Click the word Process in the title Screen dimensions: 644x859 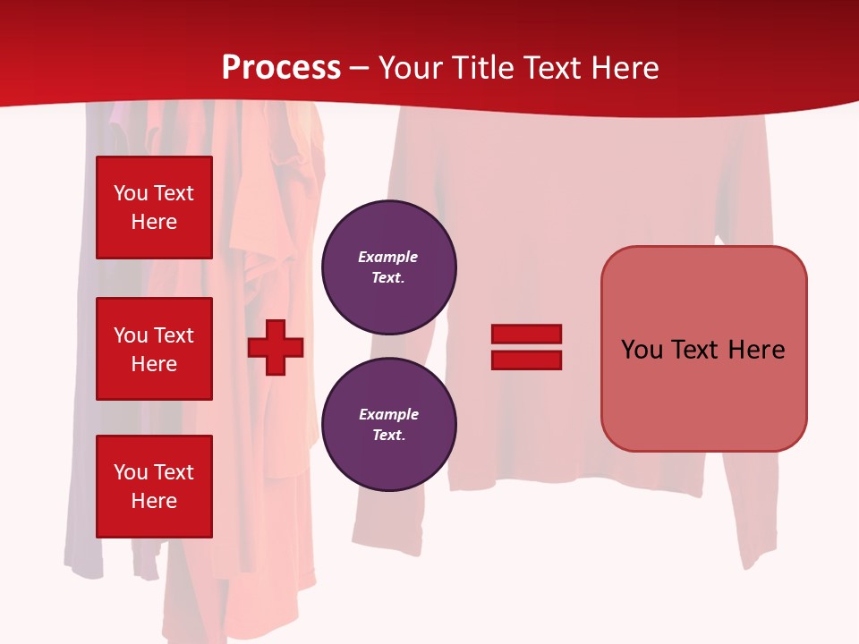pos(281,67)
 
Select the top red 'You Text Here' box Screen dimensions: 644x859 pos(154,208)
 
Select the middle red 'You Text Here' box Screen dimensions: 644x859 pos(154,349)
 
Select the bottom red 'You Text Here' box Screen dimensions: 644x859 pos(154,487)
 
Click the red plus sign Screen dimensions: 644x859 pos(276,347)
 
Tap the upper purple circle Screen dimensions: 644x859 pos(388,267)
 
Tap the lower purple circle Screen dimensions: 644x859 pos(388,425)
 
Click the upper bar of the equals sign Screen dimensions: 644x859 pos(526,334)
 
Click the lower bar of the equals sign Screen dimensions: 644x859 pos(526,360)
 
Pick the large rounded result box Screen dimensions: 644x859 pos(703,349)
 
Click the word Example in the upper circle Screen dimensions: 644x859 pos(388,257)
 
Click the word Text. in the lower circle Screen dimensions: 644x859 pos(388,435)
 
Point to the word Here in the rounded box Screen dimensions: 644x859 pos(756,350)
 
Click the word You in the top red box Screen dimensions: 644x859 pos(131,193)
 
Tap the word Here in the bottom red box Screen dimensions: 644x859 pos(154,501)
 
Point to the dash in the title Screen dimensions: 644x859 pos(360,68)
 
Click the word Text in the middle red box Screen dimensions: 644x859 pos(174,335)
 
